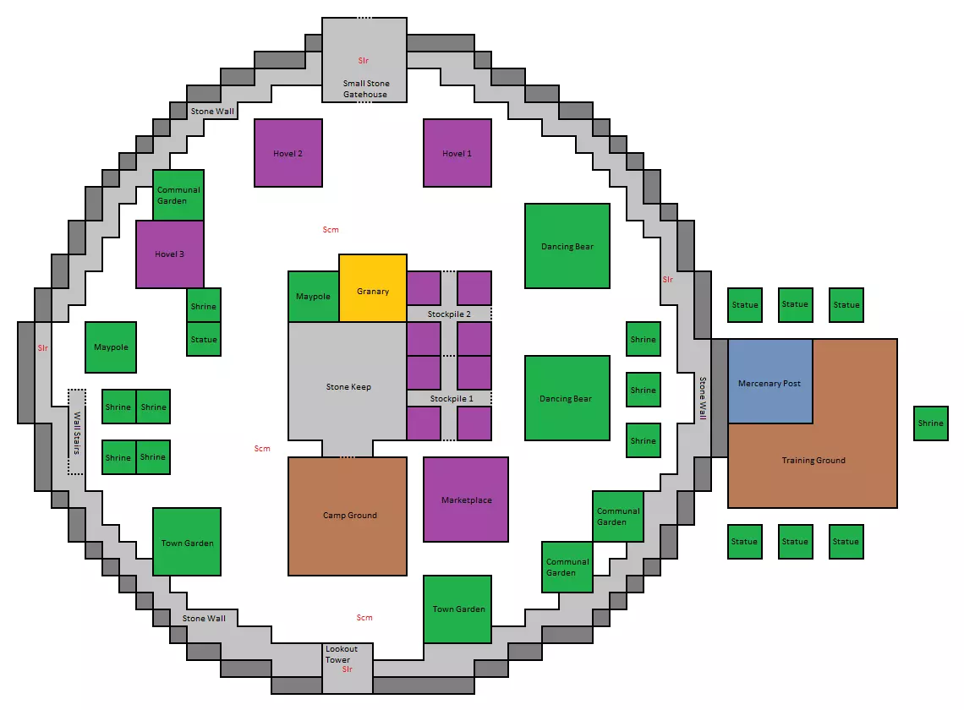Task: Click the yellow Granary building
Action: (373, 287)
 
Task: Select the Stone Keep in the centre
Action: (348, 381)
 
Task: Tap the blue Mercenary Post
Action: (770, 381)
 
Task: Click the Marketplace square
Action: (466, 500)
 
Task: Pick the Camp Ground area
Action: (348, 516)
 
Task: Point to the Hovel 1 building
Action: (457, 153)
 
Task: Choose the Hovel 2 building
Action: (288, 153)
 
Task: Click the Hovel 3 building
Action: (170, 254)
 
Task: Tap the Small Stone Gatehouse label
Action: (366, 89)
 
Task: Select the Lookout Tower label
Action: (342, 654)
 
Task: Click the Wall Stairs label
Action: (77, 432)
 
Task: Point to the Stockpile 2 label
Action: (449, 314)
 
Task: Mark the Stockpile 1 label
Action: (452, 398)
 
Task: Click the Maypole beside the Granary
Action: (314, 297)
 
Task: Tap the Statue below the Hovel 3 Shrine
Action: (204, 339)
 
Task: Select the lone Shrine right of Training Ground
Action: (931, 423)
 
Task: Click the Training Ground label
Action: (813, 460)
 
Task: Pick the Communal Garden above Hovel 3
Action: (178, 195)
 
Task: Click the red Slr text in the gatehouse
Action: (364, 60)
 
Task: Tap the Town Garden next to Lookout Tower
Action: (457, 609)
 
